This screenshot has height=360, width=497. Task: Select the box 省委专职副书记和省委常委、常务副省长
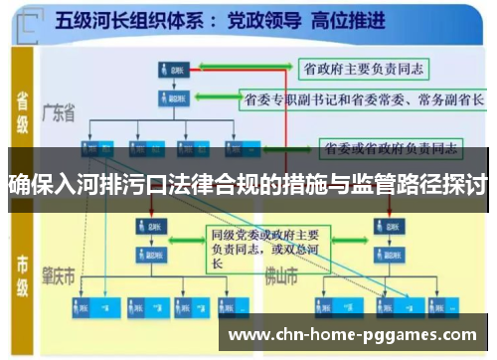coord(364,100)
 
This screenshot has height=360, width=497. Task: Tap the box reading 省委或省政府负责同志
coord(390,149)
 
